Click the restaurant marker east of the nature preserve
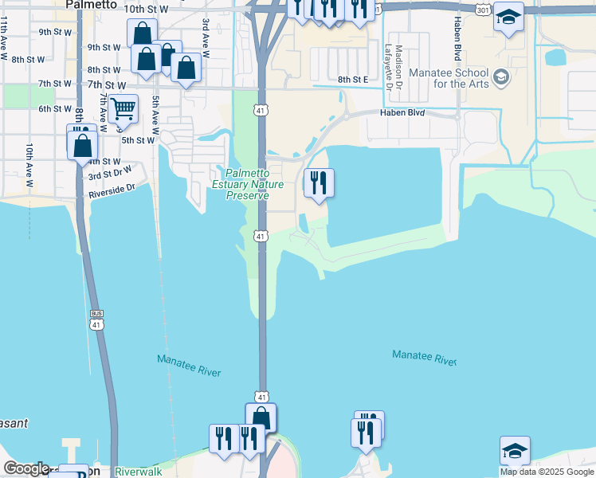318,183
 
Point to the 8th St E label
354,80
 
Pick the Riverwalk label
138,472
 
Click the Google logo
26,468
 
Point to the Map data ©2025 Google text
547,472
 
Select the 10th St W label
147,9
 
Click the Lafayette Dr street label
388,61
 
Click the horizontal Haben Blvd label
405,113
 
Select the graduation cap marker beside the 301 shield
508,17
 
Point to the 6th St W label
56,109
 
